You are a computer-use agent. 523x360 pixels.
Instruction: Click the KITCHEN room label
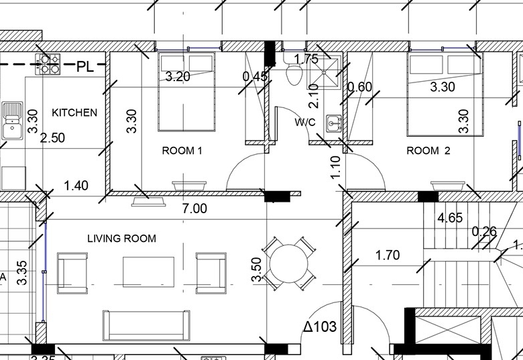74,113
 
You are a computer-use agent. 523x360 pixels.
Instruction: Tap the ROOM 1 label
182,151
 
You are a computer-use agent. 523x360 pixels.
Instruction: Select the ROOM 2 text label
428,151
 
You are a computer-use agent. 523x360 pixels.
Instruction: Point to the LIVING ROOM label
122,239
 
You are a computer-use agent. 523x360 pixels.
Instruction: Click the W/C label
305,122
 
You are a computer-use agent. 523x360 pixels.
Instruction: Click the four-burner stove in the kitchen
48,64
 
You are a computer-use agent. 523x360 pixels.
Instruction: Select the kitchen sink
12,120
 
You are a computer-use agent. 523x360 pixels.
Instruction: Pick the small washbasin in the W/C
333,124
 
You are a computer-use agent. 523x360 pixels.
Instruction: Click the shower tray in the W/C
324,72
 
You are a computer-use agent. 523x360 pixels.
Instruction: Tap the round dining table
288,263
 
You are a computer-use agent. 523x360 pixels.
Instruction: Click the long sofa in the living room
146,325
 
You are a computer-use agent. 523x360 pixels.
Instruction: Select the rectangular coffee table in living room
148,272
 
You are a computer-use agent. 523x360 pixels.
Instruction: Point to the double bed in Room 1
186,91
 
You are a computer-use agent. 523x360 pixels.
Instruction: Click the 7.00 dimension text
195,208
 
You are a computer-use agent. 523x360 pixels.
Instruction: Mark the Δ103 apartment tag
321,326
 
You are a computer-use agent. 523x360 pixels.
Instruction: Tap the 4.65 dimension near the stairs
451,218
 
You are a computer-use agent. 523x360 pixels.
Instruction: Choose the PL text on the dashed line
85,66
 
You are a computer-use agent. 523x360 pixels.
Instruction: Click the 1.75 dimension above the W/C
306,59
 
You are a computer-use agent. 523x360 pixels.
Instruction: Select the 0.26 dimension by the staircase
484,231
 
